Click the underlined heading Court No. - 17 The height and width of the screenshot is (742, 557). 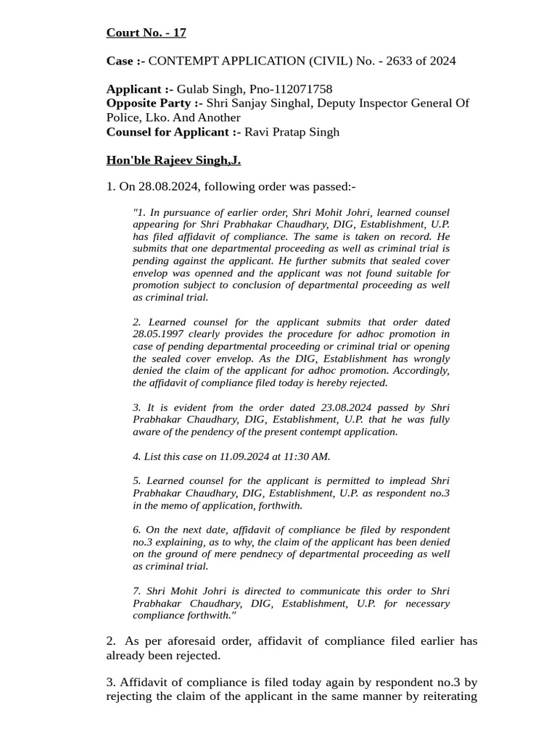pos(146,33)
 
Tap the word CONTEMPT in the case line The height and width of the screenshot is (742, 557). pos(181,61)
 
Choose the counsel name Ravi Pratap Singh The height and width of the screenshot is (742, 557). pos(292,132)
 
